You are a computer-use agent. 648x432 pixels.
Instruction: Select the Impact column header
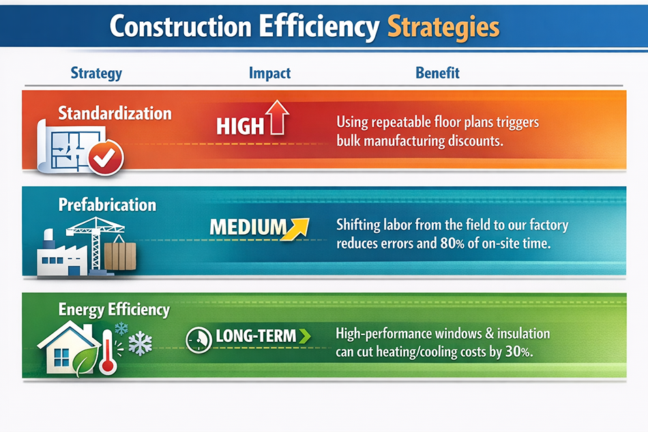[269, 73]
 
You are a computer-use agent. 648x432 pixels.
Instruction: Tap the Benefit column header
[437, 73]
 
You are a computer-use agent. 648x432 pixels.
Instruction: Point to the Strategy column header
[96, 73]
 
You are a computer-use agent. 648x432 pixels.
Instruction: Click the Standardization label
[115, 113]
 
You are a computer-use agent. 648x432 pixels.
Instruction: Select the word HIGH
[240, 126]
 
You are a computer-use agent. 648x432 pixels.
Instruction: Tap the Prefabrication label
[107, 205]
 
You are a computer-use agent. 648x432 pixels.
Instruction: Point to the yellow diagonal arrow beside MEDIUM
[296, 229]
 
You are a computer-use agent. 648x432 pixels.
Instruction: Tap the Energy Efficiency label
[114, 309]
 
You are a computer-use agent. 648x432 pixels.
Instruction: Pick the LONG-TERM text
[256, 336]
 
